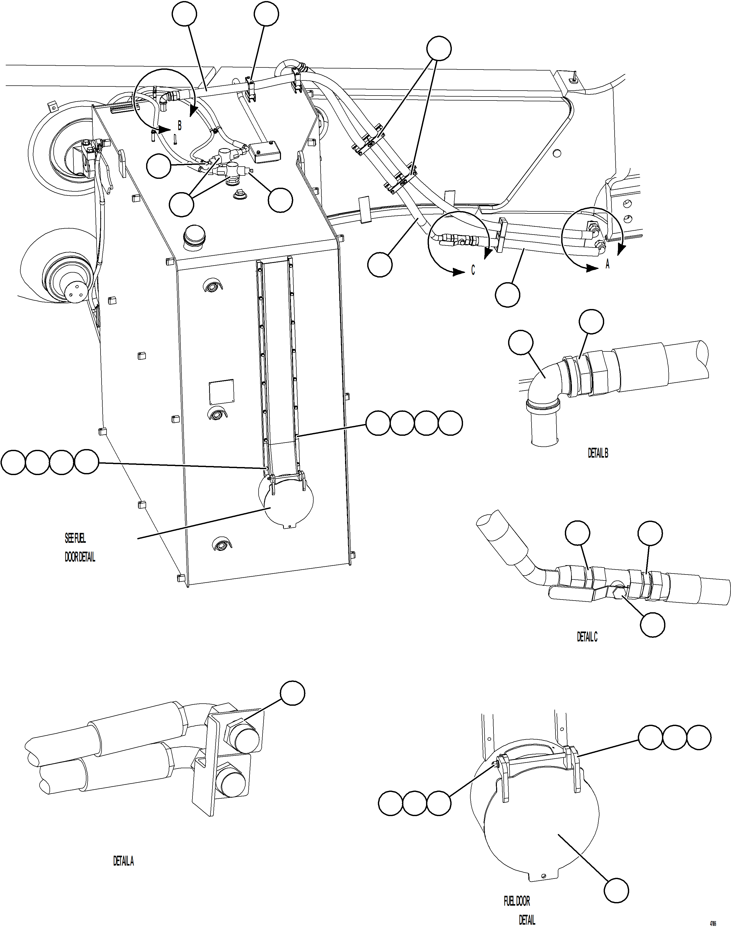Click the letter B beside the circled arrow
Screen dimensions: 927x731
point(179,126)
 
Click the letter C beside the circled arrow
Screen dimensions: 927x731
point(473,270)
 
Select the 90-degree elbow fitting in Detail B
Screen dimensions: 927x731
point(546,379)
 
